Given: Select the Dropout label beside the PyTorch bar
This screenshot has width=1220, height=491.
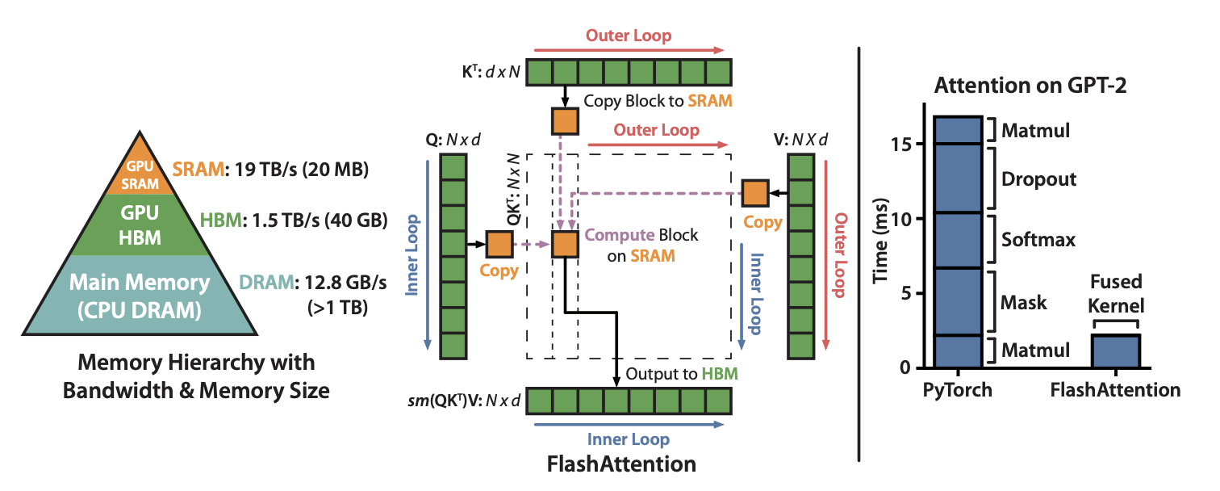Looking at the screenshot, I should (x=1039, y=178).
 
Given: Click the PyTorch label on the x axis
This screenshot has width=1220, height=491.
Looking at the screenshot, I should (x=958, y=390).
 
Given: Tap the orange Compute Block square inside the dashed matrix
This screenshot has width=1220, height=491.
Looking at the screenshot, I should (x=565, y=243).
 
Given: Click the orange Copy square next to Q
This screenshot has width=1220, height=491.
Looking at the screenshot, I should (x=499, y=243).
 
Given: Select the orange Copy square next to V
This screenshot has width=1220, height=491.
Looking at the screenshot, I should (x=754, y=193).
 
